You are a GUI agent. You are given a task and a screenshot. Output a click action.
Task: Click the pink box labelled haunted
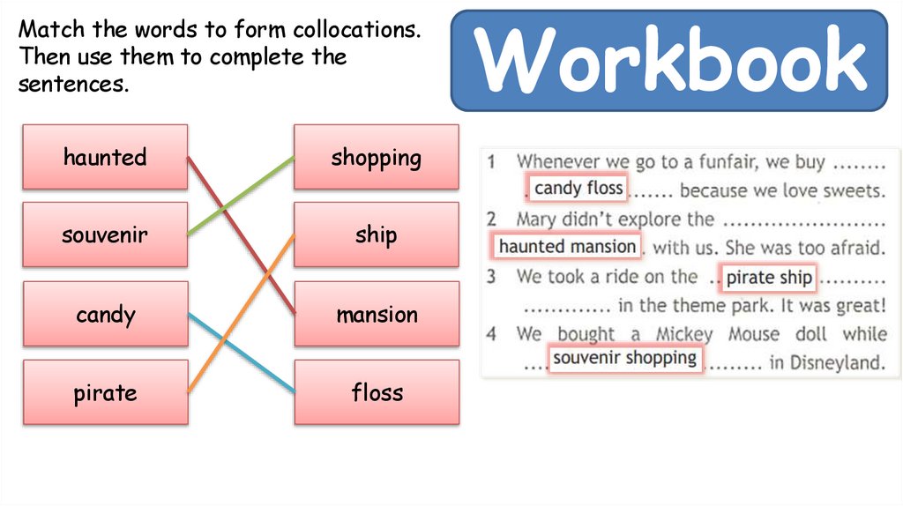tap(105, 157)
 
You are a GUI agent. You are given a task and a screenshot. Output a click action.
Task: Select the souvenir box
tap(105, 234)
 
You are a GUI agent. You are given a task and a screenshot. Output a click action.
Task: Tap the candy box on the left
tap(105, 314)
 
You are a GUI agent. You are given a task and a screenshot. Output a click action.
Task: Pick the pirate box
tap(105, 392)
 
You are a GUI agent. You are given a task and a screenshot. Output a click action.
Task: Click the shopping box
tap(376, 157)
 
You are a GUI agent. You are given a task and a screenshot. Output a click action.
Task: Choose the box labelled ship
tap(376, 234)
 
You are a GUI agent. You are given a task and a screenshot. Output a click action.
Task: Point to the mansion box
tap(376, 314)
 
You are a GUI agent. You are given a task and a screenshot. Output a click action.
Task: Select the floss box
tap(376, 392)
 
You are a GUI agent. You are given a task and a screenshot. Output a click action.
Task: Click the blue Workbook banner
tap(669, 60)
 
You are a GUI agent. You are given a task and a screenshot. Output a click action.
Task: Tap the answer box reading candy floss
tap(578, 188)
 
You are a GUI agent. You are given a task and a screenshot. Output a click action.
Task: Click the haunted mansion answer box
tap(567, 246)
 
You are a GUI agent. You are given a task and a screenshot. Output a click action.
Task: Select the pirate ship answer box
tap(768, 278)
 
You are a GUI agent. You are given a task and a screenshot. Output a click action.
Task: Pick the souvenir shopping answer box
tap(625, 358)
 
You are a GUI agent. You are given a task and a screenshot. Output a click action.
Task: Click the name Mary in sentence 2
tap(538, 219)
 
